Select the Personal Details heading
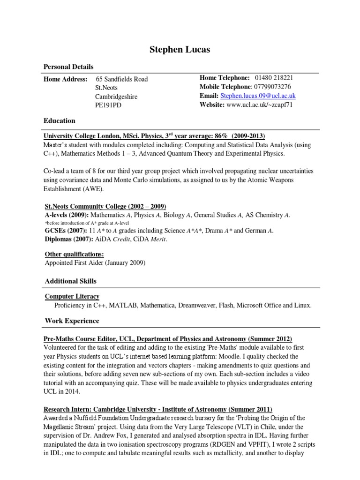pos(68,67)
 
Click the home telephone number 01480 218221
pos(274,78)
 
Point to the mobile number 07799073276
pos(273,87)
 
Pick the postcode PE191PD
pos(109,105)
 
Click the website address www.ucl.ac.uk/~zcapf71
pos(259,105)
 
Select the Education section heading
pos(60,120)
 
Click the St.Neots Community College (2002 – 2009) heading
pos(105,207)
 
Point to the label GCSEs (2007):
pos(65,231)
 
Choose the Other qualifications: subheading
pos(74,255)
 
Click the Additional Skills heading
pos(71,281)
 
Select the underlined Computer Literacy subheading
pos(72,296)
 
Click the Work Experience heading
pos(72,321)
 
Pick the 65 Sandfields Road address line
pos(121,79)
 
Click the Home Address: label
pos(65,79)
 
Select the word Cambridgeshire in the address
pos(116,97)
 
